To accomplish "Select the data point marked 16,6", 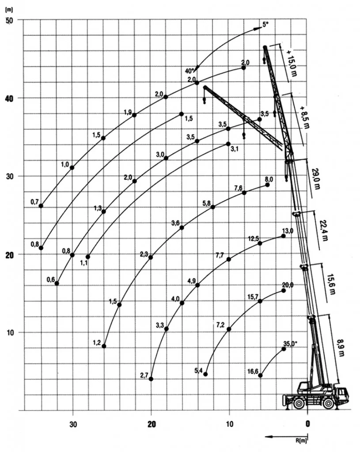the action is click(x=260, y=375).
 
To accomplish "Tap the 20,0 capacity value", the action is click(x=287, y=285).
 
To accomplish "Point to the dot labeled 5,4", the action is click(x=205, y=374).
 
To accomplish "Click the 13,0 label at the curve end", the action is click(x=287, y=230).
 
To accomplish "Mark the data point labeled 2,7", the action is click(x=151, y=379).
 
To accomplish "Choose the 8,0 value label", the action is click(x=269, y=179).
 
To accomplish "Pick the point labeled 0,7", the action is click(x=41, y=206).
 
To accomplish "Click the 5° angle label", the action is click(x=265, y=25).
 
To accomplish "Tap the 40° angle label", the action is click(x=190, y=71).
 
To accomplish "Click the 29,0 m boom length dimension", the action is click(x=316, y=177).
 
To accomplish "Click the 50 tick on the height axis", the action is click(x=9, y=20).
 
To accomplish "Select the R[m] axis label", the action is click(x=302, y=439).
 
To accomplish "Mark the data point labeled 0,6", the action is click(x=57, y=283).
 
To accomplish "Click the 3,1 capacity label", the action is click(x=235, y=149).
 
